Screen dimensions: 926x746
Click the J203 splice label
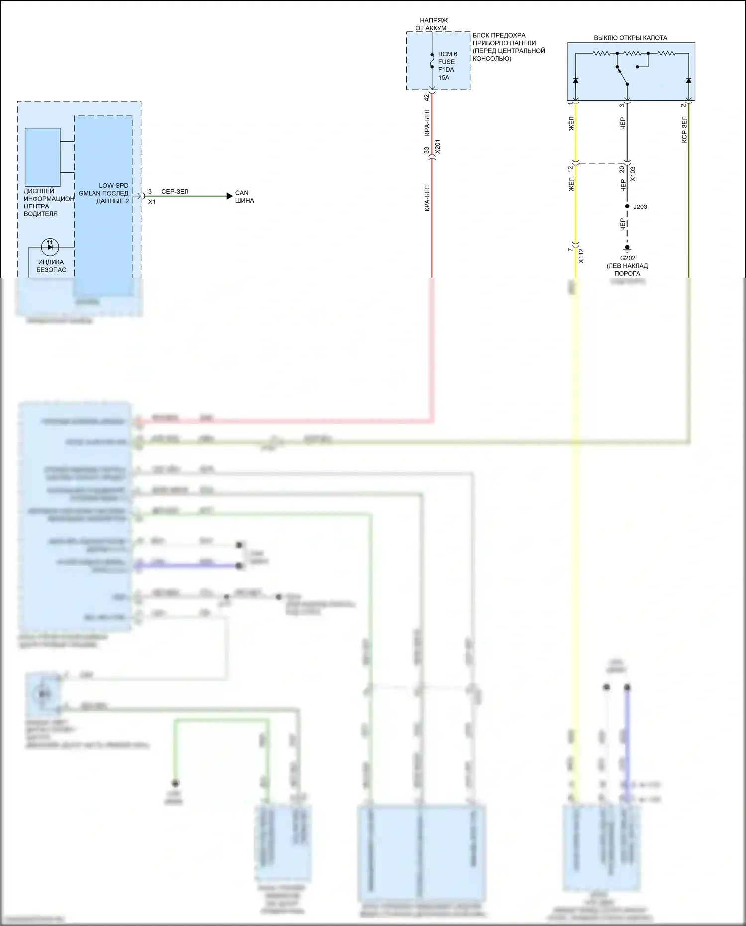pyautogui.click(x=640, y=206)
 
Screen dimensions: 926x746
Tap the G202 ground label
pyautogui.click(x=627, y=258)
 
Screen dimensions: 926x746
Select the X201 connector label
pyautogui.click(x=437, y=147)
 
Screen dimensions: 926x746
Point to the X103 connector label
pyautogui.click(x=633, y=174)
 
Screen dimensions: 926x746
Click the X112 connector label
pyautogui.click(x=581, y=256)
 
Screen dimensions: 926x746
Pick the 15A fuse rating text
pyautogui.click(x=444, y=78)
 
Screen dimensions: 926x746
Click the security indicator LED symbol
pyautogui.click(x=50, y=246)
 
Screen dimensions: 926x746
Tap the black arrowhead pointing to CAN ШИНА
pyautogui.click(x=229, y=196)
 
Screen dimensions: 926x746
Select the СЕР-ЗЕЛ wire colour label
pyautogui.click(x=175, y=192)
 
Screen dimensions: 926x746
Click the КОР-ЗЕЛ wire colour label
pyautogui.click(x=684, y=130)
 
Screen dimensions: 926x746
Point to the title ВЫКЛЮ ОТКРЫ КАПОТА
pyautogui.click(x=631, y=38)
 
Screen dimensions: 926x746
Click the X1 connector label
pyautogui.click(x=152, y=202)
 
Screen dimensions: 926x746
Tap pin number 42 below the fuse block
pyautogui.click(x=426, y=98)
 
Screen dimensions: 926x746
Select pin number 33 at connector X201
pyautogui.click(x=426, y=150)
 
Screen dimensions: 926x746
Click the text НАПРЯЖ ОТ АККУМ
pyautogui.click(x=432, y=24)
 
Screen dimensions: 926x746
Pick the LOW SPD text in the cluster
pyautogui.click(x=113, y=185)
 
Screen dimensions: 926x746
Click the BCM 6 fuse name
pyautogui.click(x=447, y=54)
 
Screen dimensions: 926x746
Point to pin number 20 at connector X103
pyautogui.click(x=622, y=169)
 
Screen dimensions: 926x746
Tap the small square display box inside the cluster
pyautogui.click(x=43, y=157)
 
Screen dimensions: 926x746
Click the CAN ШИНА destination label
pyautogui.click(x=244, y=197)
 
